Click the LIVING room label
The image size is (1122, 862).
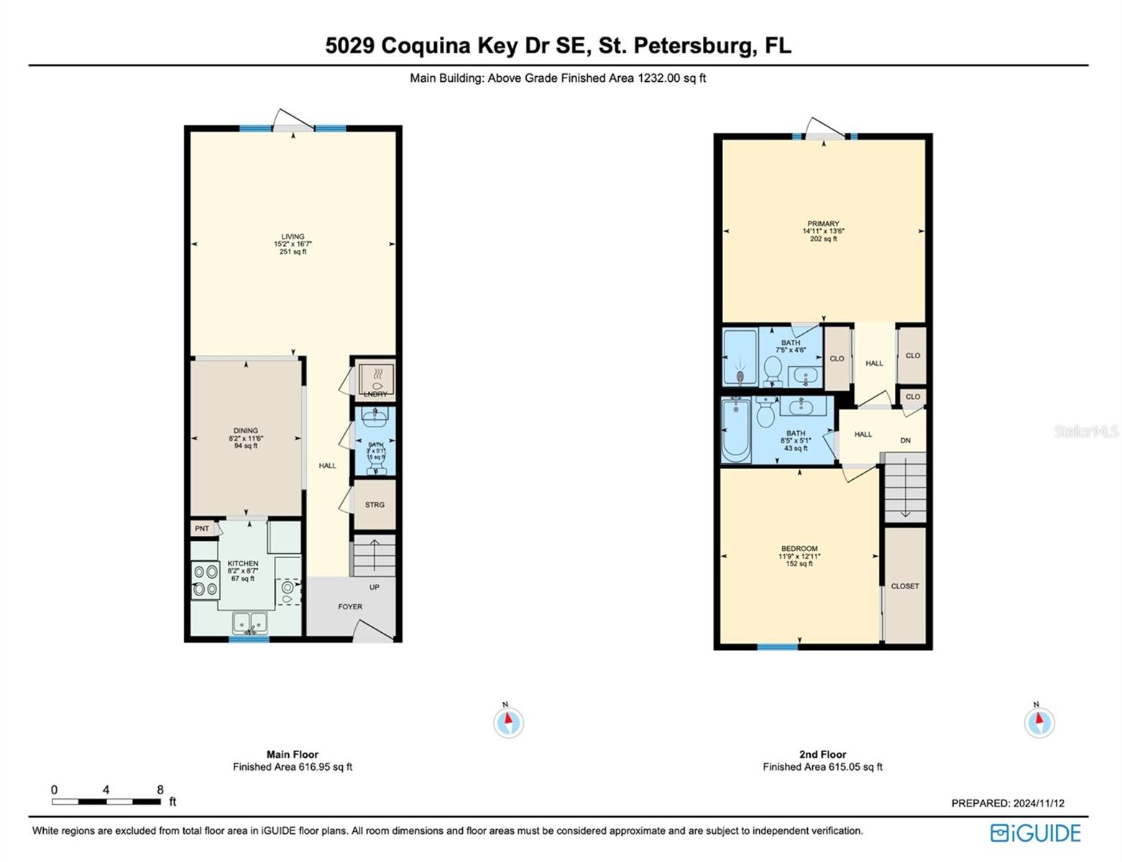click(293, 237)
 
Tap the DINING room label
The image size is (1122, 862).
click(246, 431)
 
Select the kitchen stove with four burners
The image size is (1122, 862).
click(205, 580)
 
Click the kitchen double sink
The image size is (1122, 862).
click(249, 622)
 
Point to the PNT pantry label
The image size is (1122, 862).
click(202, 529)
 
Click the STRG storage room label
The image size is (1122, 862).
click(374, 505)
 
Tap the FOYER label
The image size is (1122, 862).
click(350, 607)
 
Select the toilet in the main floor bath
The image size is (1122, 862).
click(376, 460)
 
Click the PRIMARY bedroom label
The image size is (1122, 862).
click(823, 224)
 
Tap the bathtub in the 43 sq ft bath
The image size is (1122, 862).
click(735, 430)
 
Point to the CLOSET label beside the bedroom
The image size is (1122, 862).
click(905, 586)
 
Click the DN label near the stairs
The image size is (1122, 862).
click(906, 440)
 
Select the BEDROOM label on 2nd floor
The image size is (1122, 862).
click(799, 549)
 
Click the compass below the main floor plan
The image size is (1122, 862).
click(508, 722)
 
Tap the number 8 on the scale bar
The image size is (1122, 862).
click(160, 789)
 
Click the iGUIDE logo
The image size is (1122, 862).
click(1036, 833)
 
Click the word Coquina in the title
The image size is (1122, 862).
click(426, 45)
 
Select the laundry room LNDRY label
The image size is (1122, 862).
click(375, 394)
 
